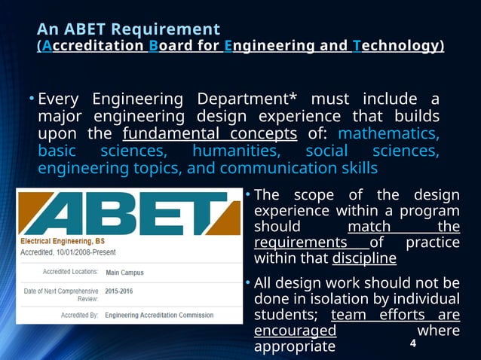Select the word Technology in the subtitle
397,47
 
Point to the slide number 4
412,343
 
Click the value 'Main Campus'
124,273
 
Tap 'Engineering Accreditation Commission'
159,316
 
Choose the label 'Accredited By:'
76,316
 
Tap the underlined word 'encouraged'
296,331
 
